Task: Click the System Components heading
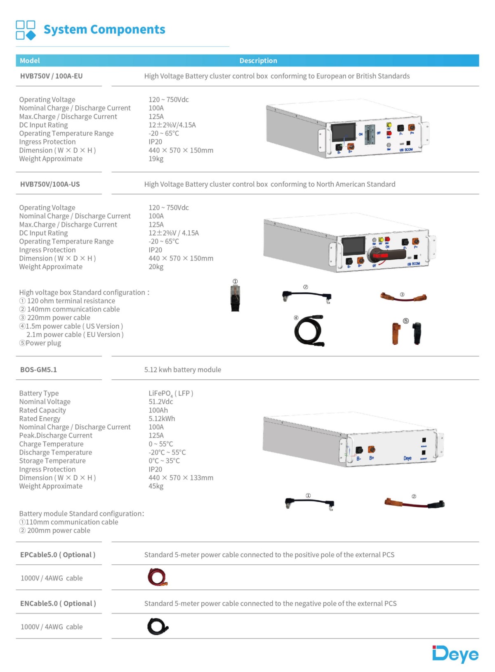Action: (104, 30)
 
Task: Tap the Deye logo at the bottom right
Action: (455, 654)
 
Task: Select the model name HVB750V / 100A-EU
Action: (51, 76)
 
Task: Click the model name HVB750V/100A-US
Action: (50, 184)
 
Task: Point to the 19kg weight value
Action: (156, 159)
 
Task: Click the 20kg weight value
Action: (156, 267)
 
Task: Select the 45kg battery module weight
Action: (156, 486)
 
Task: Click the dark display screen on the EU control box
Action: (343, 132)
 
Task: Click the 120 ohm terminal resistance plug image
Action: (235, 298)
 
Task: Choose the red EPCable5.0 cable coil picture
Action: (157, 577)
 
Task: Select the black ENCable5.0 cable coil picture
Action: (157, 627)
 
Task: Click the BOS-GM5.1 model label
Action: (38, 370)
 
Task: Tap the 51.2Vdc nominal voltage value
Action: (161, 402)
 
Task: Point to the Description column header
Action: (258, 61)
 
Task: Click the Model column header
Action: (30, 61)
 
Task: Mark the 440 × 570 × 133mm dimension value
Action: (181, 478)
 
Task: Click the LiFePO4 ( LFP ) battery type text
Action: (171, 393)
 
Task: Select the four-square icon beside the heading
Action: (26, 30)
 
